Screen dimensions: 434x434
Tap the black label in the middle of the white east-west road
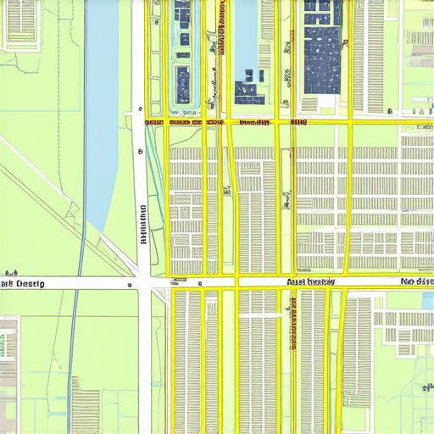pyautogui.click(x=310, y=281)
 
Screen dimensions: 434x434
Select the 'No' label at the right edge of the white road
pyautogui.click(x=416, y=281)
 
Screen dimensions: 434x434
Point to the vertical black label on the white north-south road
pyautogui.click(x=143, y=224)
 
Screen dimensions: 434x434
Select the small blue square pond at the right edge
pyautogui.click(x=428, y=300)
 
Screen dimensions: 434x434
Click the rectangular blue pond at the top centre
pyautogui.click(x=245, y=34)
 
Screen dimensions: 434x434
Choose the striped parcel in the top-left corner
pyautogui.click(x=21, y=21)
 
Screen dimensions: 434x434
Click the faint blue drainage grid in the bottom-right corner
pyautogui.click(x=407, y=398)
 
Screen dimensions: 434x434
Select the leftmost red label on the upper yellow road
pyautogui.click(x=153, y=122)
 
